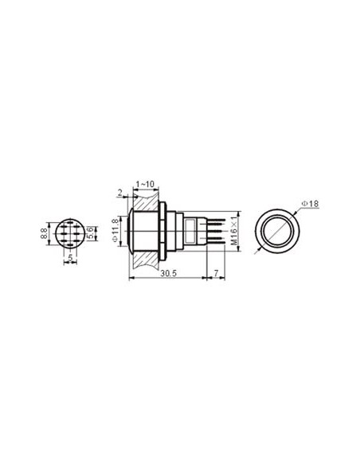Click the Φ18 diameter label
[311, 205]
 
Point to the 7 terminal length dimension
[217, 272]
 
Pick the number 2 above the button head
[119, 191]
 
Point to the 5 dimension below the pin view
[70, 257]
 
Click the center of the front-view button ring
[277, 233]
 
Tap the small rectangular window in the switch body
[190, 233]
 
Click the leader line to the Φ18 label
[299, 209]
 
